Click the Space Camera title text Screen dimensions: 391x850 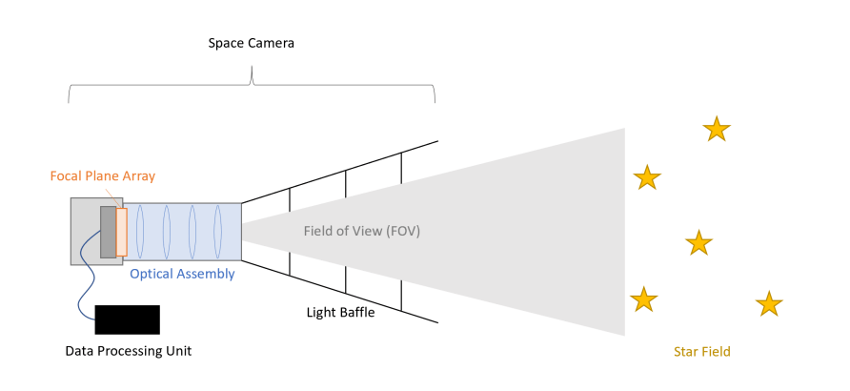252,44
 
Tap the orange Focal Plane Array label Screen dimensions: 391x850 102,176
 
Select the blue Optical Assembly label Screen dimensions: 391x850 182,274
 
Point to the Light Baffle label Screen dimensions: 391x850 340,312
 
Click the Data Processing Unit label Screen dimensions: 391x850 128,351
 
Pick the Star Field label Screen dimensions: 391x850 701,352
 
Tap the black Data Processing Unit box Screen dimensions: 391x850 128,319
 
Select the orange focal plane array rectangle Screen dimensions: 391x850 121,232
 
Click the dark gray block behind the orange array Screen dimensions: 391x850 108,232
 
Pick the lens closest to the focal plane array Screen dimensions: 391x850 141,232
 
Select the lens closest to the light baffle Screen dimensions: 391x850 218,232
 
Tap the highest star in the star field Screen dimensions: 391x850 716,129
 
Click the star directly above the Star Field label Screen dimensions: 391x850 699,244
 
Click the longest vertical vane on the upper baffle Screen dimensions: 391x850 401,167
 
